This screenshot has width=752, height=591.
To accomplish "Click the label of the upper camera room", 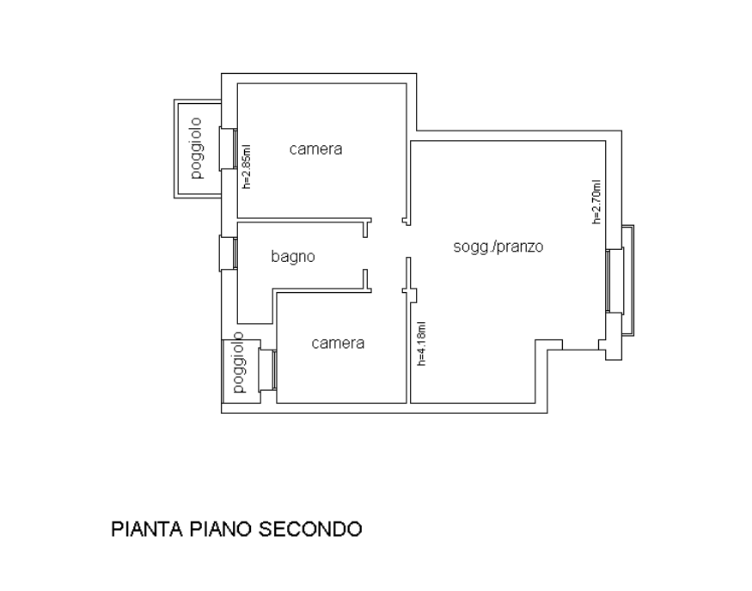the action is (315, 149).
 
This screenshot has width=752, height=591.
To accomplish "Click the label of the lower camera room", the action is (338, 344).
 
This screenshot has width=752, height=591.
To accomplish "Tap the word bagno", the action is (293, 257).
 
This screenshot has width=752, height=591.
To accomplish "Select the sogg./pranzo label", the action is (498, 247).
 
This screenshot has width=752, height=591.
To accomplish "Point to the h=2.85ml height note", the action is (247, 167).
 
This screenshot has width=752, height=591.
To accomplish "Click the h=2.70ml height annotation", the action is (596, 202).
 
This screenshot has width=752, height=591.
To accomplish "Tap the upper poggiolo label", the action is (196, 149).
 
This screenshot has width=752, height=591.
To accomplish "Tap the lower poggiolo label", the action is (238, 363).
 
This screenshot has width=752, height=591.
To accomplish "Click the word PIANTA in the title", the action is (147, 529).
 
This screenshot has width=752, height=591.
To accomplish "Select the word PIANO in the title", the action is (220, 529).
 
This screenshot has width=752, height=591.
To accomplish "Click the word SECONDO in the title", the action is (310, 529).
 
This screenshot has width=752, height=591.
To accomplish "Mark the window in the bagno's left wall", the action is (229, 253).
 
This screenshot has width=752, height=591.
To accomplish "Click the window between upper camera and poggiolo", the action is (229, 149).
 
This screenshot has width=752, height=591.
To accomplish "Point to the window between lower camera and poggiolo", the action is (267, 369).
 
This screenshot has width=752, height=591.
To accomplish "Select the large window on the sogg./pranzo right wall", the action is (614, 280).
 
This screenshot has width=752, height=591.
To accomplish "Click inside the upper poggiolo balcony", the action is (198, 149).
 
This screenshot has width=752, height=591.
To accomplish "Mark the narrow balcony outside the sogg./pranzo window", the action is (628, 280).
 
